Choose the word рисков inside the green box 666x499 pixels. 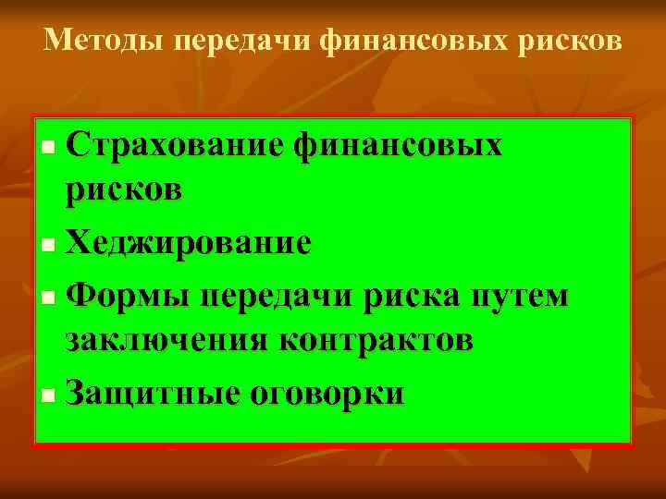[x=123, y=192]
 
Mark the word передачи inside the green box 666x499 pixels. [x=277, y=297]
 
